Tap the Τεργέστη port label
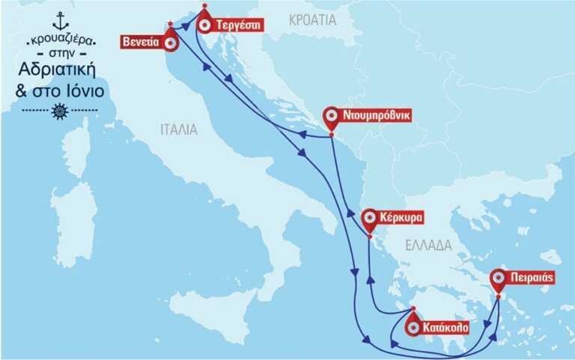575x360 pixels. (237, 24)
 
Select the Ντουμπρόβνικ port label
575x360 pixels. (377, 116)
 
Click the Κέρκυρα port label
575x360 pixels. (403, 219)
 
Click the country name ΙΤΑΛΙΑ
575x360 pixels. (179, 129)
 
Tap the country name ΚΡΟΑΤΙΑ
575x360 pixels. (313, 20)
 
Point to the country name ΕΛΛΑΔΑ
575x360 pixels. (428, 245)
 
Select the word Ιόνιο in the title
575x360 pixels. (84, 92)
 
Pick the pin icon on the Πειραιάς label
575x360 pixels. (499, 278)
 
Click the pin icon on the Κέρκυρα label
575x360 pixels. (370, 219)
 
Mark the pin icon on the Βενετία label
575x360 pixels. (171, 43)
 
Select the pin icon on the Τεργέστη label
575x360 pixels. (204, 24)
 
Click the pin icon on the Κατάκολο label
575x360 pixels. (413, 326)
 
